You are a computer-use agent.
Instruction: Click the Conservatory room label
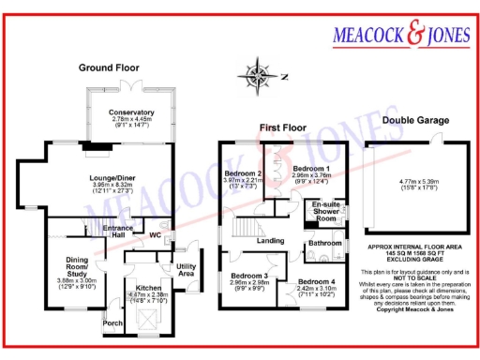[130, 112]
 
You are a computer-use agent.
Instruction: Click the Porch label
[112, 325]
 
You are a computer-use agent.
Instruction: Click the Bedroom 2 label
[242, 174]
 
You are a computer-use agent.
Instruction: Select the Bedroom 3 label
[250, 277]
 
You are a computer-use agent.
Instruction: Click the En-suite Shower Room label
[327, 209]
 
